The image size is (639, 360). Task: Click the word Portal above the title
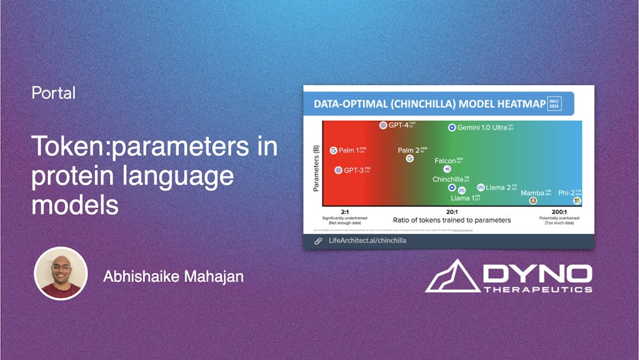pyautogui.click(x=54, y=93)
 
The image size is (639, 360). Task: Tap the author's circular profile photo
pyautogui.click(x=61, y=273)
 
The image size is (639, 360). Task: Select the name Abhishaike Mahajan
pyautogui.click(x=173, y=277)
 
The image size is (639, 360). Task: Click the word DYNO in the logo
pyautogui.click(x=537, y=274)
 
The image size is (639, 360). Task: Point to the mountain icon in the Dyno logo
pyautogui.click(x=452, y=276)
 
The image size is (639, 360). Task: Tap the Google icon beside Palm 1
pyautogui.click(x=333, y=151)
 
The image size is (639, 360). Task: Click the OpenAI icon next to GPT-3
pyautogui.click(x=338, y=170)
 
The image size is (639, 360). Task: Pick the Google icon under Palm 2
pyautogui.click(x=410, y=158)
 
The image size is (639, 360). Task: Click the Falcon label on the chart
pyautogui.click(x=445, y=161)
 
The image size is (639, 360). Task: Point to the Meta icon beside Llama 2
pyautogui.click(x=481, y=187)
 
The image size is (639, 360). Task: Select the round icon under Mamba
pyautogui.click(x=533, y=201)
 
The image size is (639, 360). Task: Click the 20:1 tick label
pyautogui.click(x=451, y=212)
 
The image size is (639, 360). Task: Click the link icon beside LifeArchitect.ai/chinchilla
pyautogui.click(x=318, y=241)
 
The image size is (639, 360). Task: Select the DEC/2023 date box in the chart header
pyautogui.click(x=554, y=104)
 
